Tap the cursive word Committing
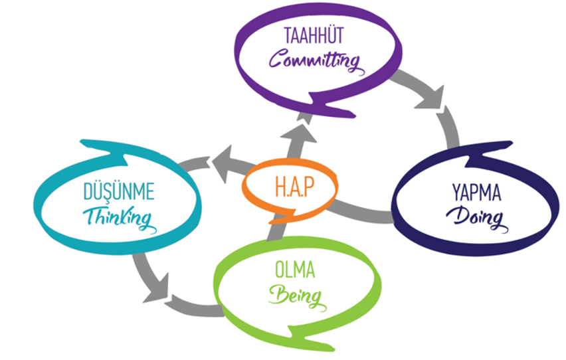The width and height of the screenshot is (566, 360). (314, 62)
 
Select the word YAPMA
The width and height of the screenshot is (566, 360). (476, 194)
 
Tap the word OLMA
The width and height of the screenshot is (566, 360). (294, 270)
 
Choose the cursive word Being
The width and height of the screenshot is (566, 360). (297, 295)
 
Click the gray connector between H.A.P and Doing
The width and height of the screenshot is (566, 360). (362, 211)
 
